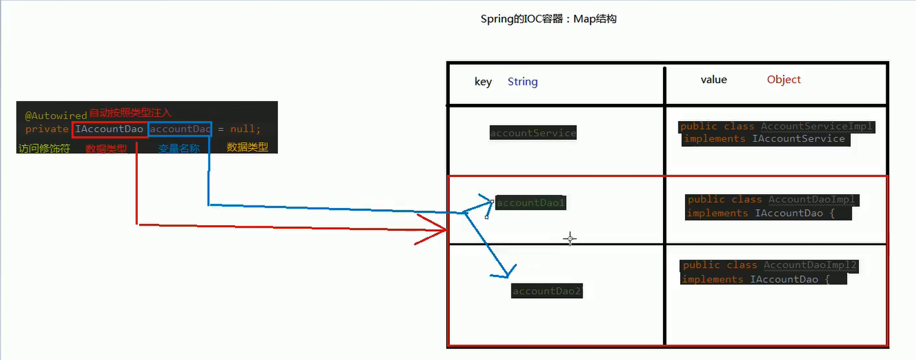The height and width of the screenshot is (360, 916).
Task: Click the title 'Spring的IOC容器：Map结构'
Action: coord(548,19)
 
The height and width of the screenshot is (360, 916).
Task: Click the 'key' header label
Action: coord(483,82)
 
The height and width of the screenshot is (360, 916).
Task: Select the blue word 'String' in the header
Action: coord(522,82)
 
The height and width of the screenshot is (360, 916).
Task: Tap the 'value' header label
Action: coord(713,80)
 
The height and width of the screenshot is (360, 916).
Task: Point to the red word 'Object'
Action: coord(784,80)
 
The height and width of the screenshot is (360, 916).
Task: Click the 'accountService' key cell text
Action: coord(533,133)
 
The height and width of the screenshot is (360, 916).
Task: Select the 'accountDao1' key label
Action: coord(531,203)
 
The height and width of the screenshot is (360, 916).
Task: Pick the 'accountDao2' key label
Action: coord(547,291)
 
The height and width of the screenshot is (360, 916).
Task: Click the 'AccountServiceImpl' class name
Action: coord(817,127)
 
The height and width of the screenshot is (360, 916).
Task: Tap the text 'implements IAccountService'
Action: coord(764,139)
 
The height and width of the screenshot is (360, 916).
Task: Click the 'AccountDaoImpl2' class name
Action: coord(811,265)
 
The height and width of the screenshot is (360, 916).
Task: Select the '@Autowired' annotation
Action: coord(56,114)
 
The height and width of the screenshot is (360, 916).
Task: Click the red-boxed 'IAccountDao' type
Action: coord(109,129)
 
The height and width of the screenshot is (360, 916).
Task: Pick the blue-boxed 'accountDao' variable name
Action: coord(179,129)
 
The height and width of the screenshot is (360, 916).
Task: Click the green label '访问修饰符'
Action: coord(44,148)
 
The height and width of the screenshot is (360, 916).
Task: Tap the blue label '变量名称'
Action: coord(178,149)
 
